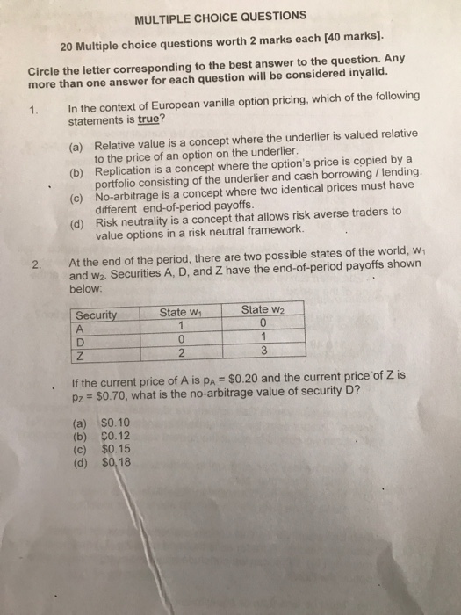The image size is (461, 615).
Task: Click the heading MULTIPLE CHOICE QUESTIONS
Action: (x=209, y=17)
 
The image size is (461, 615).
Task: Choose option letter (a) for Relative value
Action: (x=76, y=145)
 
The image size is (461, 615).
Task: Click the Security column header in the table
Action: (x=97, y=315)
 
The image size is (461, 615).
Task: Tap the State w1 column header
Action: (x=180, y=313)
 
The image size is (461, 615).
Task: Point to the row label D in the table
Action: (x=81, y=341)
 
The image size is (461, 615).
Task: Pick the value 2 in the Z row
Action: (x=182, y=353)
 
